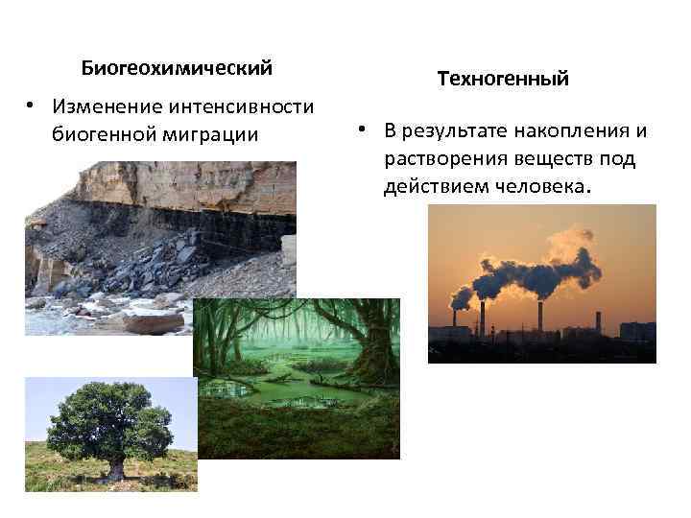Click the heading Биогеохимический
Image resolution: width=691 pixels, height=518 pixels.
(x=177, y=69)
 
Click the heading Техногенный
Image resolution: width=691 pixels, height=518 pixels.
(x=503, y=79)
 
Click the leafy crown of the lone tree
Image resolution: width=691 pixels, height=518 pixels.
(x=110, y=422)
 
